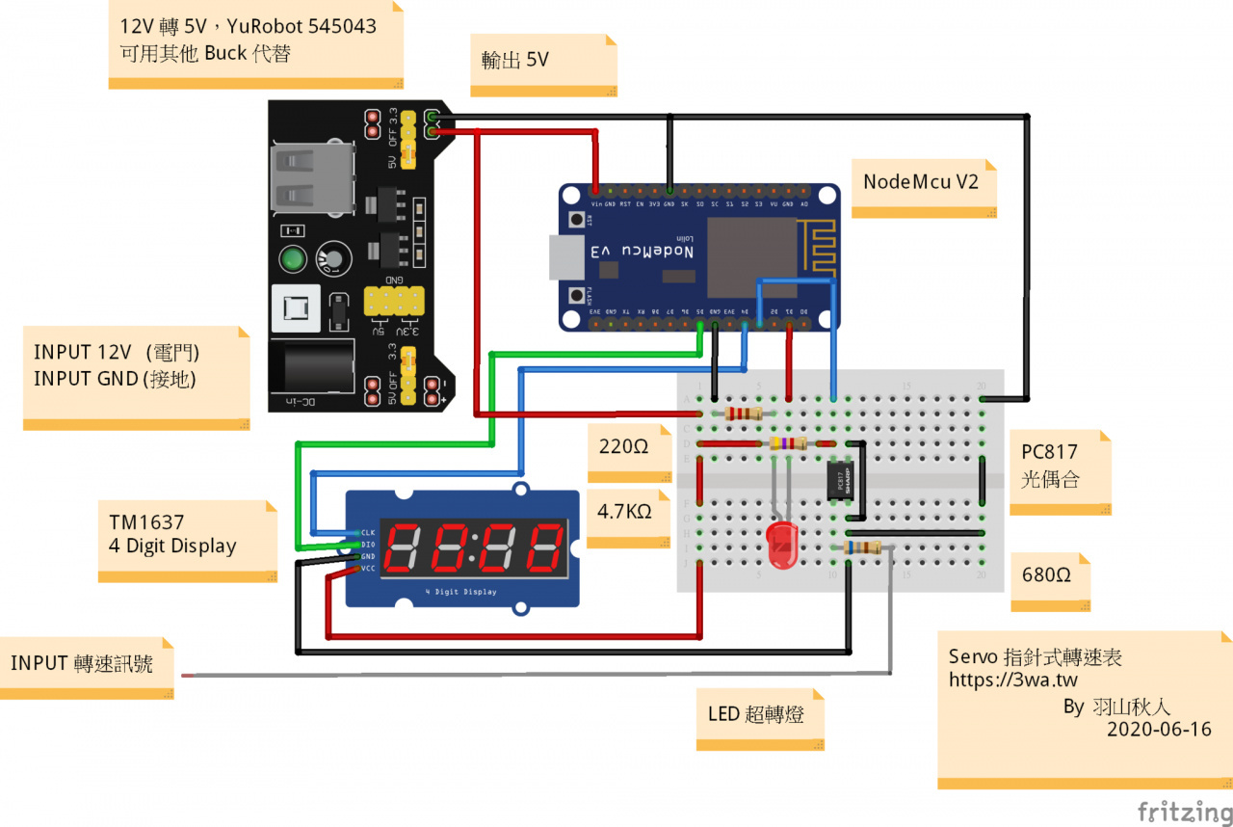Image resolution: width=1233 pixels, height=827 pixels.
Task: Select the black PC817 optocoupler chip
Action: (840, 479)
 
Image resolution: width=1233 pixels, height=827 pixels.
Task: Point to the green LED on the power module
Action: (293, 259)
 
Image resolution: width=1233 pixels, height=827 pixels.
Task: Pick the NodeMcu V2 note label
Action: (921, 182)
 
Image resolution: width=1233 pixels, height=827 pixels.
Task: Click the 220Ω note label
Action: (624, 447)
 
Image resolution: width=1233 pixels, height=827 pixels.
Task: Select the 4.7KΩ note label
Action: (624, 512)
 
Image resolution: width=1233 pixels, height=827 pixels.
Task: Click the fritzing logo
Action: (1181, 811)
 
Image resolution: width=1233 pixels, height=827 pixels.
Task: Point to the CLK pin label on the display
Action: (368, 532)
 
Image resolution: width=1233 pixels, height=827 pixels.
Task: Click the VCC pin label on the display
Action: (368, 569)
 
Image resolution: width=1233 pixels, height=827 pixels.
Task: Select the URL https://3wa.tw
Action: (1012, 680)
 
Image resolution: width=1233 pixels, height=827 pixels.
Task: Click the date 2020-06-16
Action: (1159, 730)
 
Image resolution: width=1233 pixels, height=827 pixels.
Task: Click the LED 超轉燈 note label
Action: (758, 715)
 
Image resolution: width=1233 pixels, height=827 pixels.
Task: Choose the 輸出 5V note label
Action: (515, 60)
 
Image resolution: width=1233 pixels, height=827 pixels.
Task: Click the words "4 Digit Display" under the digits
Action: (462, 592)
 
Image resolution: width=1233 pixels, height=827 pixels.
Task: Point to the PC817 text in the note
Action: (1050, 452)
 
